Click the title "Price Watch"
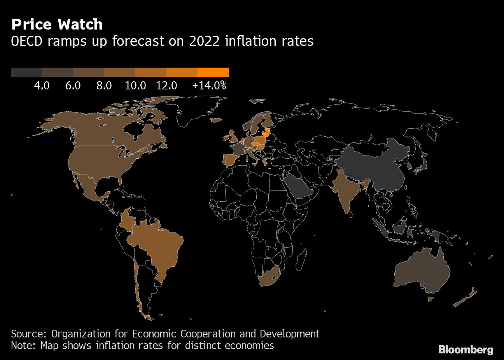click(57, 24)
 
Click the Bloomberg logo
click(465, 350)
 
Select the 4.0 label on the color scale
click(42, 86)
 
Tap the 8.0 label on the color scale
click(104, 86)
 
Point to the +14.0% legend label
click(209, 86)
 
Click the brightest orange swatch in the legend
click(213, 72)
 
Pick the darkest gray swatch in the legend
click(26, 72)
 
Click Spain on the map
click(229, 160)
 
